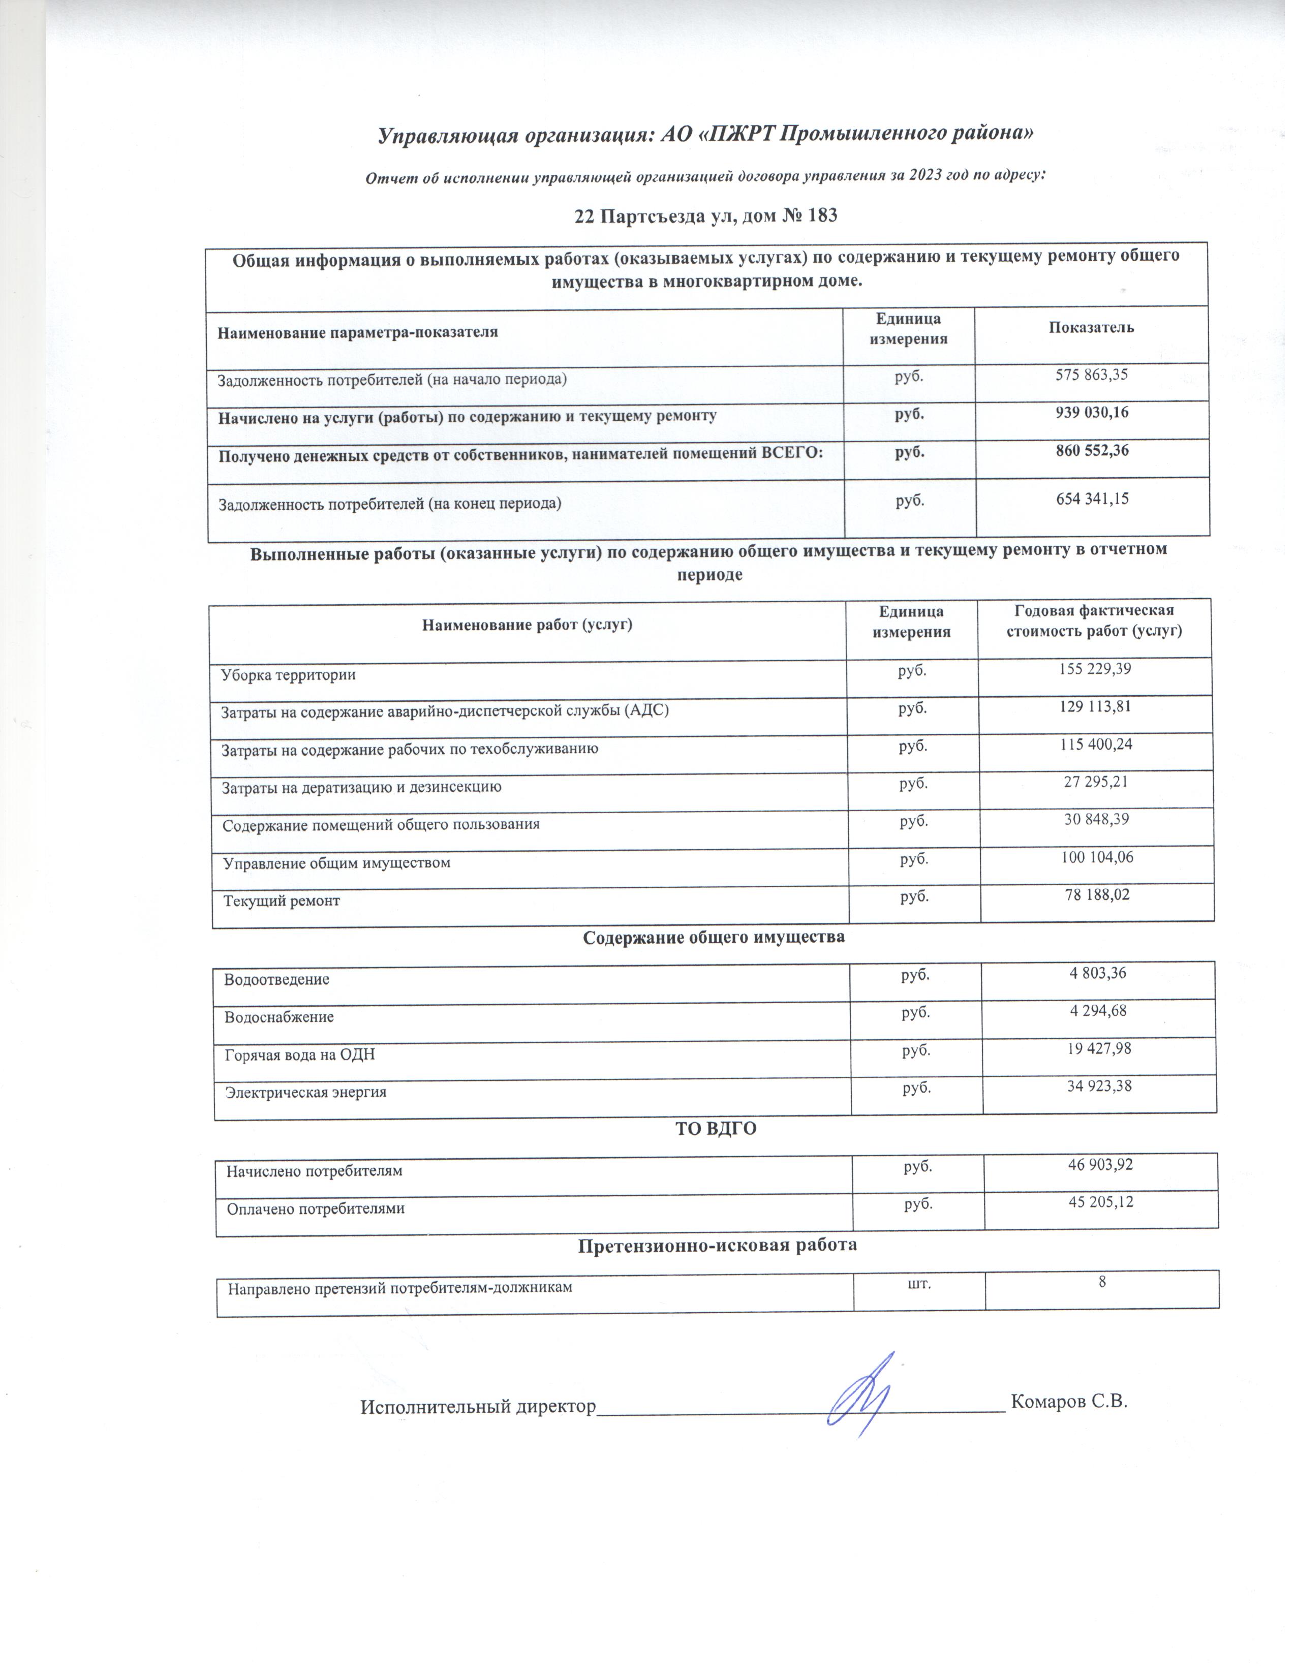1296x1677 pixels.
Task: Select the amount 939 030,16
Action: coord(1093,413)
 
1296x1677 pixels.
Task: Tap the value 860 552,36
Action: coord(1093,451)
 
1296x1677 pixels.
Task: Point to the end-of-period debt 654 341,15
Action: coord(1093,499)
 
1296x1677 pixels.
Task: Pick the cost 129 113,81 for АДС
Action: coord(1094,706)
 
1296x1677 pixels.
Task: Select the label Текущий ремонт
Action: coord(281,900)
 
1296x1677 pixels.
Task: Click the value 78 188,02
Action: coord(1096,894)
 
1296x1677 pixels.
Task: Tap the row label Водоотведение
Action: coord(276,980)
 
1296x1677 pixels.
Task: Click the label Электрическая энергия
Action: coord(305,1092)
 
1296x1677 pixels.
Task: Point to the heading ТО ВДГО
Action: coord(716,1129)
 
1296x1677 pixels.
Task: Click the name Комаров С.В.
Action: coord(1069,1402)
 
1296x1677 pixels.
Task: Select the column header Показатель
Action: coord(1091,328)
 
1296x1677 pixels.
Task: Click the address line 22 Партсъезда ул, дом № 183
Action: coord(705,216)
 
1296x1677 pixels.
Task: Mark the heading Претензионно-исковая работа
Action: coord(717,1245)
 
